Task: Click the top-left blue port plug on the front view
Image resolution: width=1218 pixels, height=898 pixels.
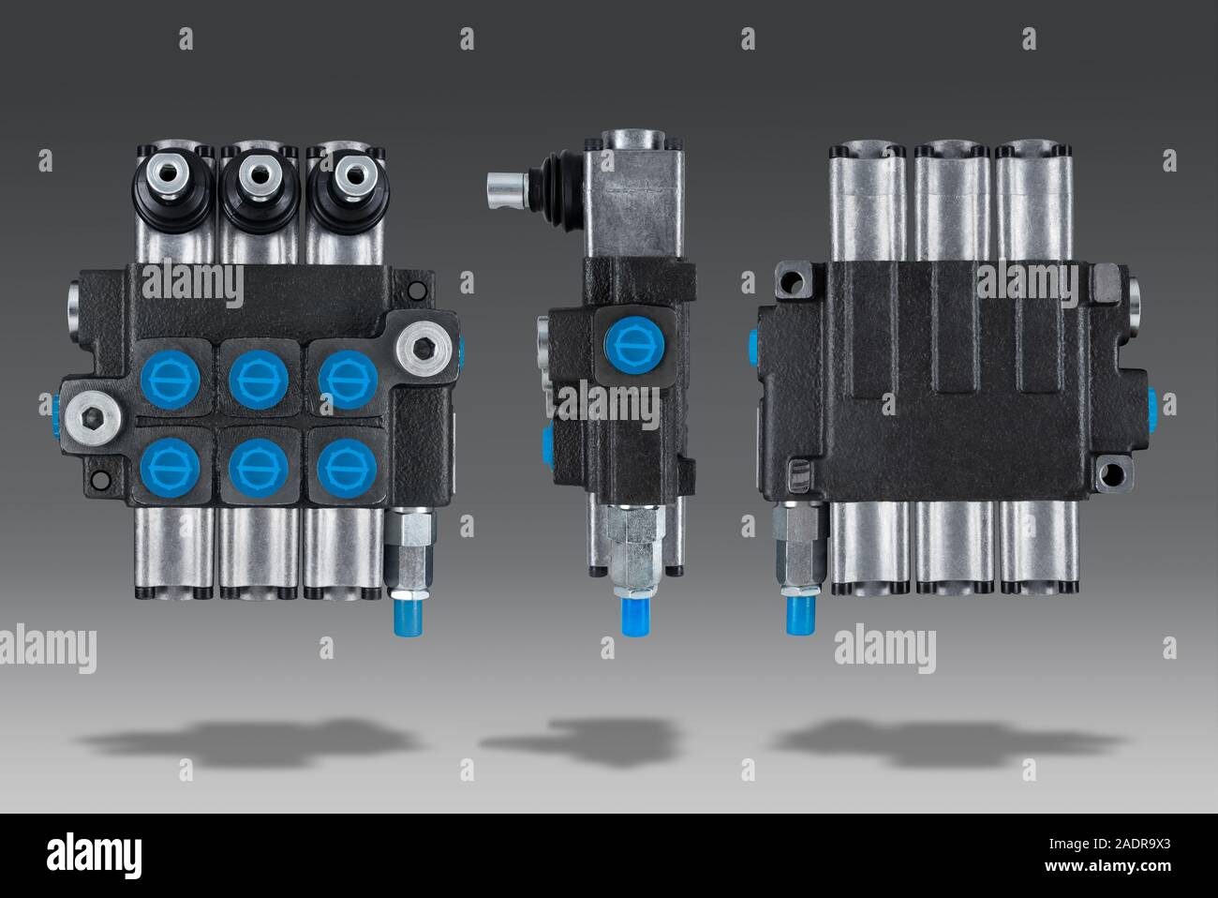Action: point(171,379)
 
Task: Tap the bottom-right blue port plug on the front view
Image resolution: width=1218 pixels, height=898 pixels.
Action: point(347,469)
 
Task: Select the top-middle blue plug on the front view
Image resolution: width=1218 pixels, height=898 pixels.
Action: point(259,379)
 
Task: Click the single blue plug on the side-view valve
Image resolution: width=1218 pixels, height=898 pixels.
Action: point(634,346)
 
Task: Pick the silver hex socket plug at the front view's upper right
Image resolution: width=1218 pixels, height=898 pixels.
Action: point(423,349)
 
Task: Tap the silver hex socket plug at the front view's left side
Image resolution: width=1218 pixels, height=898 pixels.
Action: point(94,418)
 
